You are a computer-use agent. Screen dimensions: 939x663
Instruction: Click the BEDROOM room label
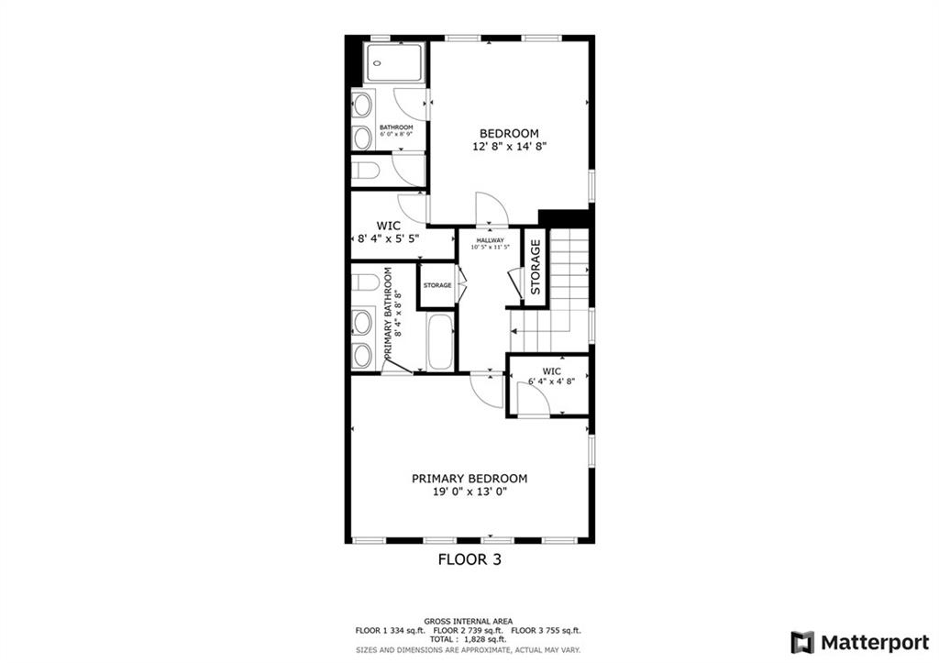point(509,134)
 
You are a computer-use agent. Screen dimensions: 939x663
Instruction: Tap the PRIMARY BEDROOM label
point(469,479)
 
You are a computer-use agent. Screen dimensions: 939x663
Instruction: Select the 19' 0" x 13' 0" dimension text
point(470,492)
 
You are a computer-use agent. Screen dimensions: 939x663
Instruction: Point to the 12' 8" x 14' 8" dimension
point(510,147)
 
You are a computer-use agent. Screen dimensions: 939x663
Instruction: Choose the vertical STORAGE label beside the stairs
point(536,267)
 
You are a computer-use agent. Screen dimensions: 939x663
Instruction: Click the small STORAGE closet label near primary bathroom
point(437,285)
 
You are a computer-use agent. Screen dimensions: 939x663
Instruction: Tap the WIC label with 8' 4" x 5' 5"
point(388,226)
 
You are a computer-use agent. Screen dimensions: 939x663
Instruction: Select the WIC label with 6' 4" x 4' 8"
point(551,371)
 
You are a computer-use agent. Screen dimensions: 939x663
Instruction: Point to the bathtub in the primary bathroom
point(440,342)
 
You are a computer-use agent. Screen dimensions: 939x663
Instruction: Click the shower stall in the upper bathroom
point(394,63)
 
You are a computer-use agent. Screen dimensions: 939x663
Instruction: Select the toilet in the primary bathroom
point(365,282)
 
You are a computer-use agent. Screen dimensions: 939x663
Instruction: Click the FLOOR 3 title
point(469,559)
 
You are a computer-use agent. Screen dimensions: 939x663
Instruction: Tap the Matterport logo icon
point(802,643)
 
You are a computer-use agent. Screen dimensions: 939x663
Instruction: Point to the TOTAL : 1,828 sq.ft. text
point(468,639)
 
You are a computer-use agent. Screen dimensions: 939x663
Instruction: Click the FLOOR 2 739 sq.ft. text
point(469,631)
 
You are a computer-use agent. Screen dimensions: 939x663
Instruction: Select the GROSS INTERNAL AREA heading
point(469,622)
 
